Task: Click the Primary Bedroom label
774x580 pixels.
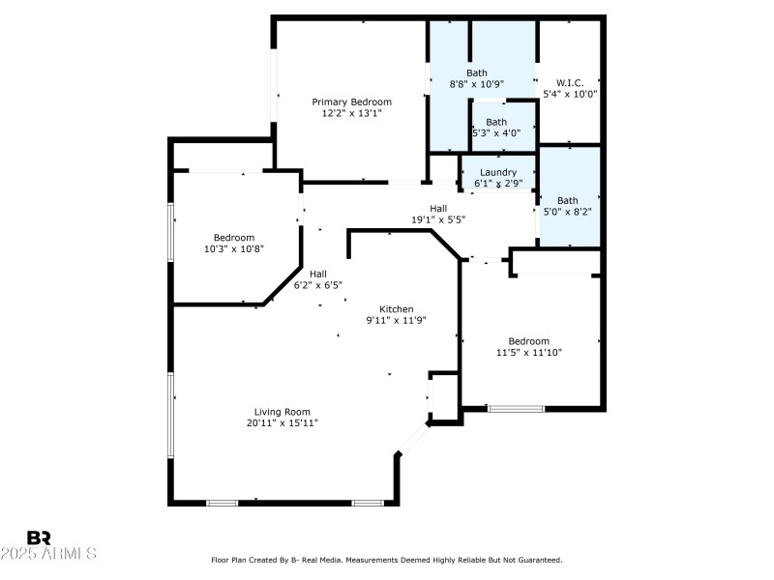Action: (351, 101)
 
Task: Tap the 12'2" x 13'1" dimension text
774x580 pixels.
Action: (351, 113)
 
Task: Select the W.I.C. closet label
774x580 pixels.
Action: (570, 82)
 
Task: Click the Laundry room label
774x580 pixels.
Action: (498, 172)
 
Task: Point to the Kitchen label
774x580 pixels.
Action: (396, 308)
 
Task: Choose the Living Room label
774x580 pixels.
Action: (283, 412)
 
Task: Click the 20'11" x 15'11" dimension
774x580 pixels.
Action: (283, 423)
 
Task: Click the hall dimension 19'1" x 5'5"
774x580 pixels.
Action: (438, 219)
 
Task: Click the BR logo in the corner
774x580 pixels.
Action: (39, 537)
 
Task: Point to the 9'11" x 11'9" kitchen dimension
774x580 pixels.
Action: (396, 320)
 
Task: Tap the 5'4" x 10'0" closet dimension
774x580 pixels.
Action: (570, 94)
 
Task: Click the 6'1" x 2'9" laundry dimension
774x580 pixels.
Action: (498, 183)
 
